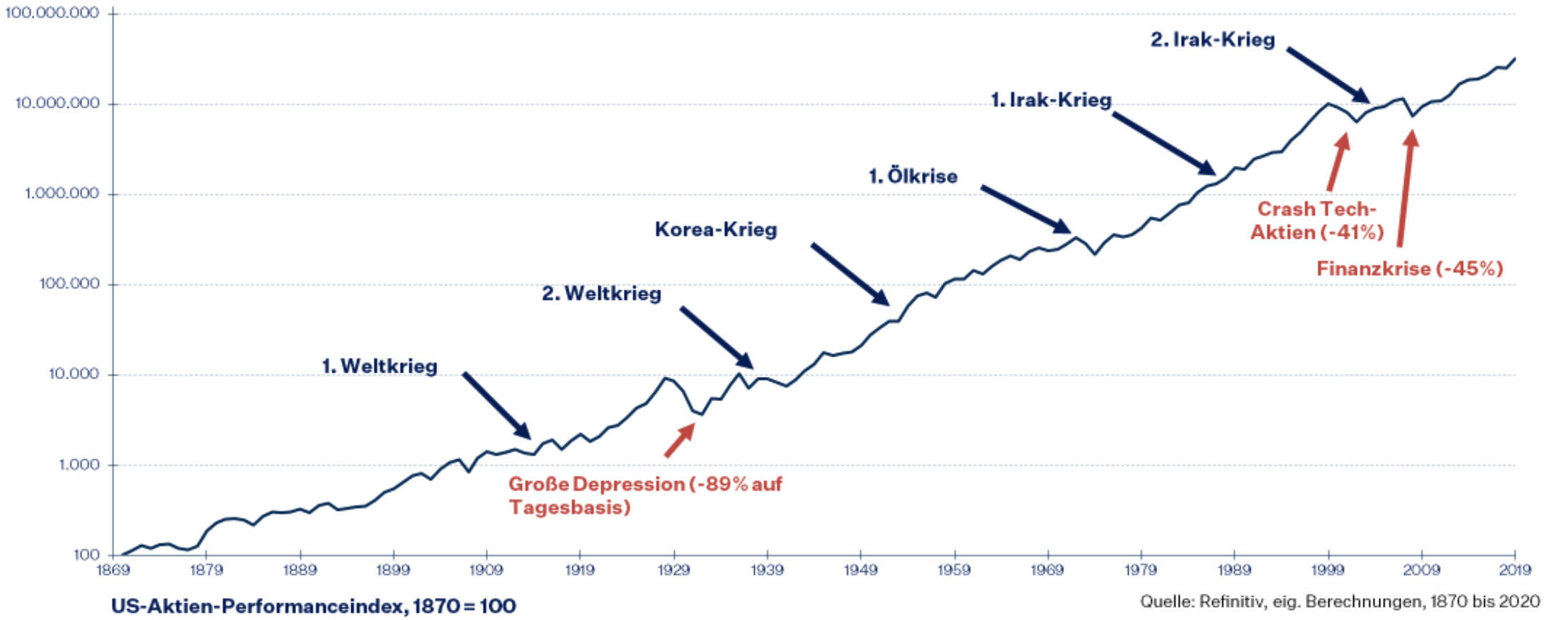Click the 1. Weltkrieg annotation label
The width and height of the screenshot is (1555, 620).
coord(380,366)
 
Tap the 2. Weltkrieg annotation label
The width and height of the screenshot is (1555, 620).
coord(601,293)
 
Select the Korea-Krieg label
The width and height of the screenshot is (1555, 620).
coord(716,230)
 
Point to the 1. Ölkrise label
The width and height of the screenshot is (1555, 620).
coord(913,176)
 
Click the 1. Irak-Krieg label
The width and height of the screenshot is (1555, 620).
coord(1051,100)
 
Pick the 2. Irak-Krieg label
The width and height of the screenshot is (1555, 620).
coord(1212,40)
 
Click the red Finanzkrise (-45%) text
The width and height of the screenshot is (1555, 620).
coord(1409,269)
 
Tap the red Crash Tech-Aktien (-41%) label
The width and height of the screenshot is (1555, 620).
coord(1316,220)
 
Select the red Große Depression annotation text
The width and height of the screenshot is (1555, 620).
coord(644,495)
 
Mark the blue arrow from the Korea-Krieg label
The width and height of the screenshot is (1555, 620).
coord(850,274)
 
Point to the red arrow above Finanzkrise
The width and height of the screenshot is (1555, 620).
coord(1406,188)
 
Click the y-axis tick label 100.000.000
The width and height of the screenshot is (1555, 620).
coord(52,13)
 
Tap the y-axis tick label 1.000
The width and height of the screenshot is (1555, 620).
coord(79,465)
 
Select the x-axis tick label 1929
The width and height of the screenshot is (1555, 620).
coord(673,570)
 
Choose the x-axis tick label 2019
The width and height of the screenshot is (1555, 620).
coord(1515,570)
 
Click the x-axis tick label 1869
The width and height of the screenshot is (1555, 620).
coord(113,570)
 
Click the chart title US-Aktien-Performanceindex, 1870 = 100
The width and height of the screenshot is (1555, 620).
coord(314,606)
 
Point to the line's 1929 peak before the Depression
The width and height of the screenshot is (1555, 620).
coord(665,378)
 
